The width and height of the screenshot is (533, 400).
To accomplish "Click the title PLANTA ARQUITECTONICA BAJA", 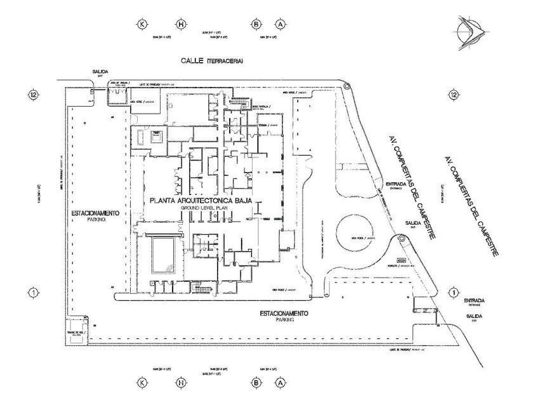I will point(201,201).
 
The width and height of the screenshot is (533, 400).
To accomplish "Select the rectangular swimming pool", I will point(164,252).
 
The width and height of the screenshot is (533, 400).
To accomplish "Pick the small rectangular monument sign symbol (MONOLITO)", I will point(401,260).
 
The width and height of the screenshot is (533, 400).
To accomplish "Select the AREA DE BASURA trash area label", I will point(120,83).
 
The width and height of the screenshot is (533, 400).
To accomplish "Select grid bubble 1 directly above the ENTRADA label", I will point(452,292).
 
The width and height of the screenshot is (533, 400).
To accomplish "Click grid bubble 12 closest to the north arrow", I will point(452,95).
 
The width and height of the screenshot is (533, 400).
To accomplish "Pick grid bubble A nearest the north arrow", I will point(280,24).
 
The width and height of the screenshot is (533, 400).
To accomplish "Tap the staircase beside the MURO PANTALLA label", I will point(239,102).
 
